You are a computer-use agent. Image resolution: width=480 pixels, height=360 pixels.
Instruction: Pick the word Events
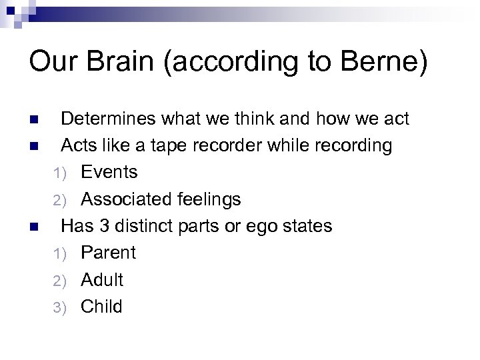pos(109,172)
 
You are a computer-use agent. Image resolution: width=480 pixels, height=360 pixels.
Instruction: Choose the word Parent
pos(108,253)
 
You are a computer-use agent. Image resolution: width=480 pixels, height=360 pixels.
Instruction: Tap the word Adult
pos(102,279)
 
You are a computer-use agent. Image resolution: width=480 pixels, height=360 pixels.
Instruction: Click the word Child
pos(101,306)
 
